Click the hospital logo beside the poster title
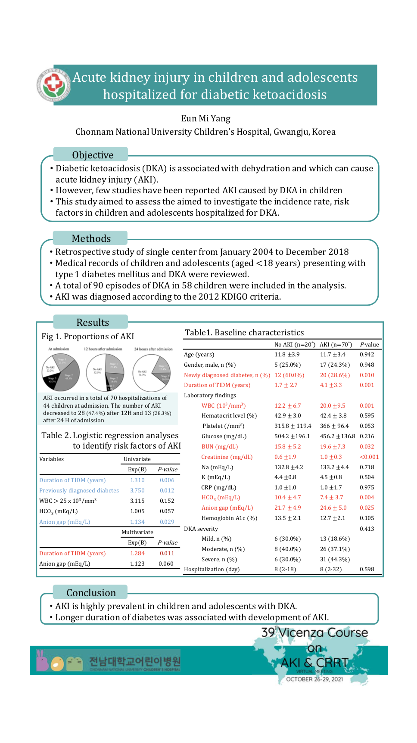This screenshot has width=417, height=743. click(53, 84)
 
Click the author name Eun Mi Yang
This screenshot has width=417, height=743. click(205, 118)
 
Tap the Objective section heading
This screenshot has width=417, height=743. click(93, 155)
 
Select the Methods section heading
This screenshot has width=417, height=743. click(91, 238)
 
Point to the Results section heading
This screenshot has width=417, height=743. click(93, 322)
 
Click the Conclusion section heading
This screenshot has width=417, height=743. click(91, 593)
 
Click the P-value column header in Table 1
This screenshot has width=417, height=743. click(369, 344)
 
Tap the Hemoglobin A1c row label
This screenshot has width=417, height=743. click(229, 518)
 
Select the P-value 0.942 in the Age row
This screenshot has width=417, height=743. click(367, 354)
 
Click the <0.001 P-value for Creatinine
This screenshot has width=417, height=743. click(369, 457)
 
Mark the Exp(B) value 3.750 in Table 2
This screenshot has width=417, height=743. click(137, 490)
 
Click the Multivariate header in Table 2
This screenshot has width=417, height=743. click(137, 532)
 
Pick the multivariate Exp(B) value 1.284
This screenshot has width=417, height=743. click(137, 553)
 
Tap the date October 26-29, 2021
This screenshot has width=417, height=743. click(314, 679)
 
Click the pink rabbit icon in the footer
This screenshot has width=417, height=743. click(42, 660)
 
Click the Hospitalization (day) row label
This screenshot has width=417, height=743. click(212, 569)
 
